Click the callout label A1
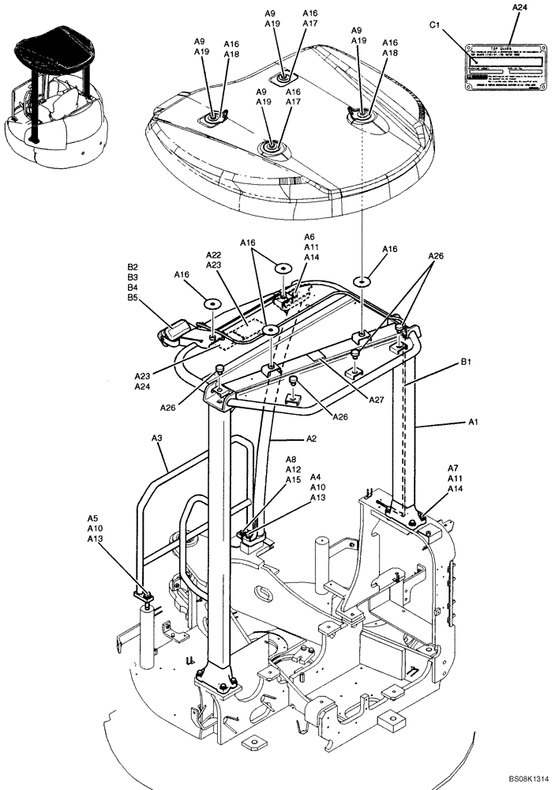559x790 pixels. [474, 423]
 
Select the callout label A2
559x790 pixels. [311, 438]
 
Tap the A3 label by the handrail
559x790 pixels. [157, 437]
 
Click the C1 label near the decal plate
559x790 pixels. [434, 25]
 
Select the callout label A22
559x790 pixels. [213, 255]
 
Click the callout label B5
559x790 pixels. [133, 298]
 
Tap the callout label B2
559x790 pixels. [133, 267]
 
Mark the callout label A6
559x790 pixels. [310, 237]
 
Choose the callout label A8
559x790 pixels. [291, 459]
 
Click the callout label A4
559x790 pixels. [316, 477]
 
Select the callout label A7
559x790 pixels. [453, 468]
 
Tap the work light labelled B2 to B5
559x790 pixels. [175, 330]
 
